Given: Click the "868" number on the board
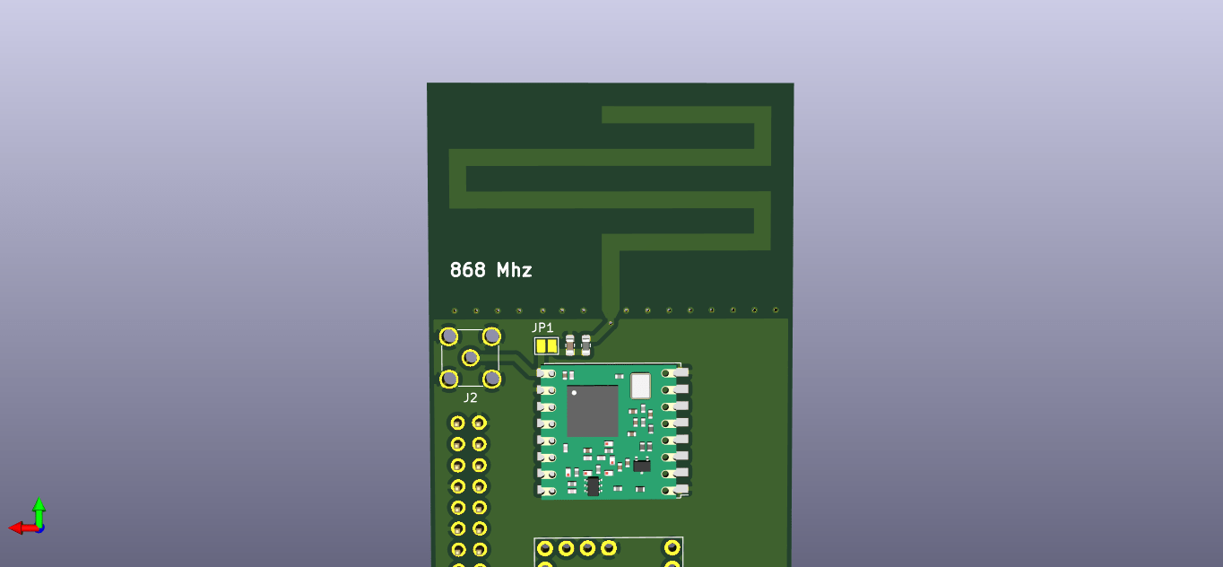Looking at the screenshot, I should (x=467, y=270).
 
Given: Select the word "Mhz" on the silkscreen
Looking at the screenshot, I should (x=515, y=270).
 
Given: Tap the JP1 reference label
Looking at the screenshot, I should (x=542, y=327).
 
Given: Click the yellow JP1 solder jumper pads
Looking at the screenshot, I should (x=545, y=345).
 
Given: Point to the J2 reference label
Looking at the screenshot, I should (x=470, y=397).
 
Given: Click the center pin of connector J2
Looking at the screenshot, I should (x=470, y=358).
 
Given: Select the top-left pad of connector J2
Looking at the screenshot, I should (x=449, y=337).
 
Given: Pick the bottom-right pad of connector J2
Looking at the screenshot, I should (x=491, y=379).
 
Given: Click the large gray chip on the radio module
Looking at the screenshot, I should (x=592, y=411).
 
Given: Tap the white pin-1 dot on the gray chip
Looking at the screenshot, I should (x=574, y=393).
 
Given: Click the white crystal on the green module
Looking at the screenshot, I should (x=640, y=386).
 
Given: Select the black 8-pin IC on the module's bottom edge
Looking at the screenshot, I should (x=593, y=486).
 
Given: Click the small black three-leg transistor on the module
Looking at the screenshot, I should (x=642, y=466).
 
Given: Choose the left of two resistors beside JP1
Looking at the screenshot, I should (x=570, y=345).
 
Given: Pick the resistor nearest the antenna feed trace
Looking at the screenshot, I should (x=586, y=345).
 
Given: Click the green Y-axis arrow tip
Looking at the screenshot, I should (x=39, y=502).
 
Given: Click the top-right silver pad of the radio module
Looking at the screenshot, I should (x=681, y=371).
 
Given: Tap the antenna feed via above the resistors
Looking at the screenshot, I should (x=611, y=320).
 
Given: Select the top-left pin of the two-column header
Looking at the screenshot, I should (x=458, y=422).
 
